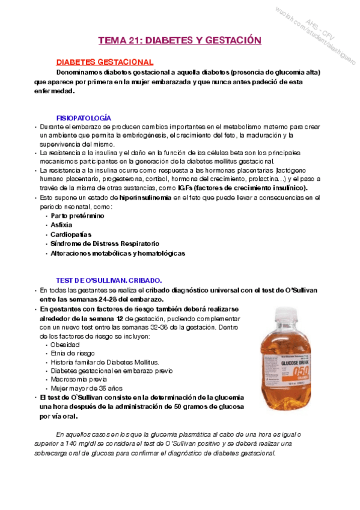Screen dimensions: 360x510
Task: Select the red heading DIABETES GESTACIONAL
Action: pyautogui.click(x=105, y=62)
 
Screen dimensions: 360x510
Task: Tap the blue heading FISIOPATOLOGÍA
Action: pyautogui.click(x=84, y=118)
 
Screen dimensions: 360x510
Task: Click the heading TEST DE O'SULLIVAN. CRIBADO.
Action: pyautogui.click(x=109, y=280)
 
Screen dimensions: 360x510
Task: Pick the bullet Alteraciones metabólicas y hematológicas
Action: pyautogui.click(x=118, y=253)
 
